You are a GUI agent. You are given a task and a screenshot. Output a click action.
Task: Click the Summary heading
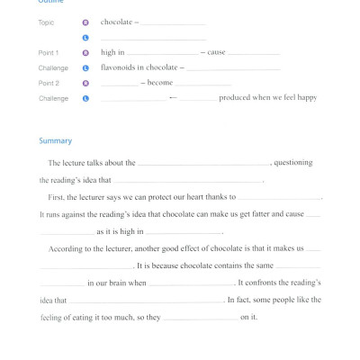pos(55,141)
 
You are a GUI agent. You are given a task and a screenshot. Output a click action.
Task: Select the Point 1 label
pos(49,53)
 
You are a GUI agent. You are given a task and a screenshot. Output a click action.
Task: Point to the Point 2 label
pos(49,83)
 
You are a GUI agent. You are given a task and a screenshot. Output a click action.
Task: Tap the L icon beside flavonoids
pos(85,67)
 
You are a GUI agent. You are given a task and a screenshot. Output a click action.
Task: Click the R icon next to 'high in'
pos(85,53)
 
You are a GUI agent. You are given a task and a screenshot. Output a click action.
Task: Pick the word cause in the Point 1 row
pos(216,53)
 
